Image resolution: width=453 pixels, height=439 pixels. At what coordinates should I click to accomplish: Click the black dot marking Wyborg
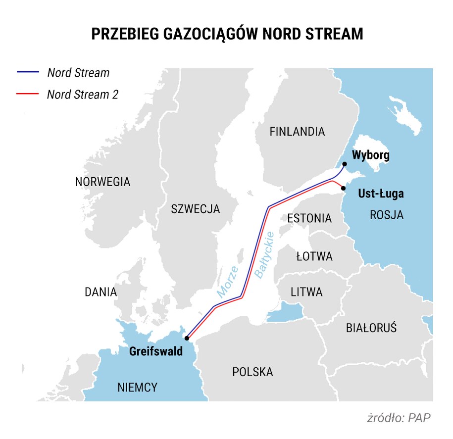345,164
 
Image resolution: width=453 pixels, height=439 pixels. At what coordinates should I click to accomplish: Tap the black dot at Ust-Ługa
343,188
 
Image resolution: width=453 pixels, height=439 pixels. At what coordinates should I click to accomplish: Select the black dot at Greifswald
187,339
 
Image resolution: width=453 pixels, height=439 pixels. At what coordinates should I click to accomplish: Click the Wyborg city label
371,155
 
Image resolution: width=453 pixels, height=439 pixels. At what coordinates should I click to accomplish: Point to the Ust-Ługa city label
380,194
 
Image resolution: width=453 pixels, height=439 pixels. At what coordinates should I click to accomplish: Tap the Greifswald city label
155,352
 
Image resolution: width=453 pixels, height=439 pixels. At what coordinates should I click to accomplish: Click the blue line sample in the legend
28,73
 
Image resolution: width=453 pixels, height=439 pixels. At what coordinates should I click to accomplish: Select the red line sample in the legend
28,94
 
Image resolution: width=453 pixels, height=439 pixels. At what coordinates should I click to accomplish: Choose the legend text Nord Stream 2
83,94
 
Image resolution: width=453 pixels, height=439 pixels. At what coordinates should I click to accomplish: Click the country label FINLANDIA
297,132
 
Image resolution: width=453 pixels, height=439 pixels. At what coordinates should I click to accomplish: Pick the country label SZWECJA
195,209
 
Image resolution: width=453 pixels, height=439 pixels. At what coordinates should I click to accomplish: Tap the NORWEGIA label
102,182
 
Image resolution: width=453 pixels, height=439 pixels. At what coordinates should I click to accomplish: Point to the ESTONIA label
309,218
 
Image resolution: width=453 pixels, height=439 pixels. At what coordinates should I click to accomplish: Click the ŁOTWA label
314,257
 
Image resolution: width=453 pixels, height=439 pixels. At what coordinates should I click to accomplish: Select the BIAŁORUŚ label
371,328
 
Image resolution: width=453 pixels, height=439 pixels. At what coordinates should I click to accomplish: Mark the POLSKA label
252,372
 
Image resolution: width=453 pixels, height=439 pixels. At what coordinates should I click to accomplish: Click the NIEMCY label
137,388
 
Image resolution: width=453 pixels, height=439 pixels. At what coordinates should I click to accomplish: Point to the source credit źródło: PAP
399,417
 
